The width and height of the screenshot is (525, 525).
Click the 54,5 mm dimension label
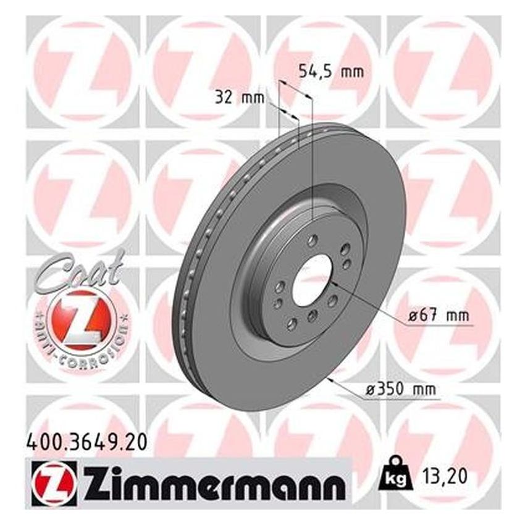click(x=331, y=71)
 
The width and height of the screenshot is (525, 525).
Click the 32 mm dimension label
click(x=240, y=97)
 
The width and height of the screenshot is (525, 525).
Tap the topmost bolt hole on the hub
click(x=312, y=240)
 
